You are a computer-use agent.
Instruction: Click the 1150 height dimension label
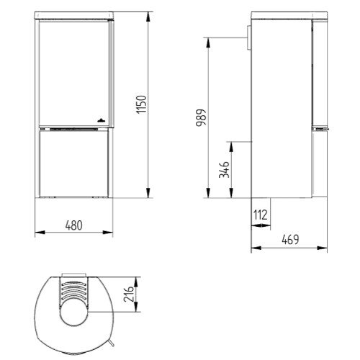coord(141,104)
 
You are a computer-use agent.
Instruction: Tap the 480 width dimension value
coord(73,225)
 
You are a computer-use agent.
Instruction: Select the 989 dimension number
coord(201,117)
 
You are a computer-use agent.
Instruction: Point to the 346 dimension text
coord(224,170)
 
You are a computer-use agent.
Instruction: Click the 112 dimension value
coord(261,215)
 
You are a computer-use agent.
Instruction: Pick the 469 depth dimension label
coord(290,240)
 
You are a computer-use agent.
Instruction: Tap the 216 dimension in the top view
coord(129,294)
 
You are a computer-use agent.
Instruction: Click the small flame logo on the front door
coord(101,120)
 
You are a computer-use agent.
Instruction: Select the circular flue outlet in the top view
coord(73,312)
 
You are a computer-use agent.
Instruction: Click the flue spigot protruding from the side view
coord(248,38)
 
